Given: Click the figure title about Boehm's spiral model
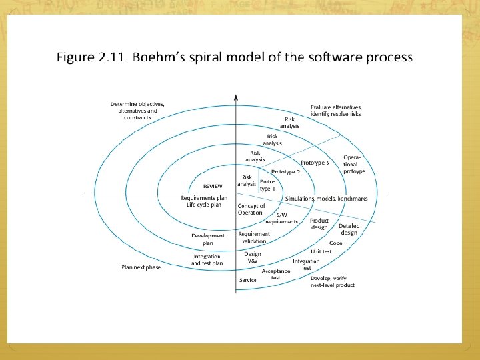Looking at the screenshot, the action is pos(235,57).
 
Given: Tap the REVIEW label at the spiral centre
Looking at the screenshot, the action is pos(213,186).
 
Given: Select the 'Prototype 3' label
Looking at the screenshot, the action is pos(315,163).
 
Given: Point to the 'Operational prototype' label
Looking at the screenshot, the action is pos(354,164).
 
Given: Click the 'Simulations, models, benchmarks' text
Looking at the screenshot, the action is pos(327,199).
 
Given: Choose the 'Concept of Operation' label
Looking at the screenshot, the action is pos(251,209).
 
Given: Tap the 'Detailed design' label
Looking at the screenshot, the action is pos(349,229).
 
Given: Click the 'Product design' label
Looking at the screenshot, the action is pos(319,224).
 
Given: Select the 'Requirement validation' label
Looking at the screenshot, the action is pos(254,237).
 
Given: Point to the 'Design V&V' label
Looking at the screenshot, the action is pos(252,257).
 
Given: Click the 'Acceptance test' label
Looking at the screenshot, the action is pos(276,274).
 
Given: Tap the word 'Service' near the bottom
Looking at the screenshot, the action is pos(248,280).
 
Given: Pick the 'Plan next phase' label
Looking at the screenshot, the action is pos(141,267).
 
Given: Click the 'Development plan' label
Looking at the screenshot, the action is pos(208,239).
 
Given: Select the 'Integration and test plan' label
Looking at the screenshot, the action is pos(208,260).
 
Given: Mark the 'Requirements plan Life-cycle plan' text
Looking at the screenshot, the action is pos(204,201).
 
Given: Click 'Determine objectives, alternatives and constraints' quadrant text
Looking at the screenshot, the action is pos(137,111).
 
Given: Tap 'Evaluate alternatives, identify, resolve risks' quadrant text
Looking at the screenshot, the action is pos(336,111).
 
